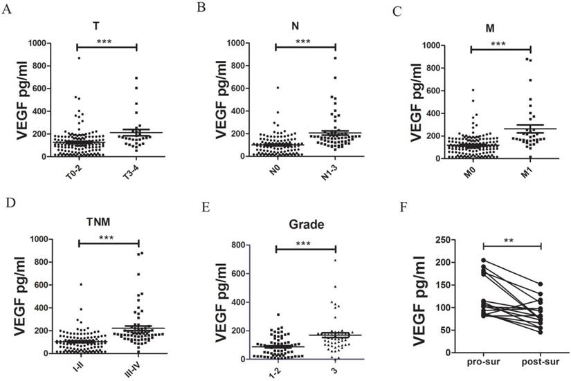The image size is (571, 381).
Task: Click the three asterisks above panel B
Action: coord(305,41)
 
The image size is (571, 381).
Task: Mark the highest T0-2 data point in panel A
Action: coord(78,57)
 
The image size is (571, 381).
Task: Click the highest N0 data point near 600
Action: coord(278,87)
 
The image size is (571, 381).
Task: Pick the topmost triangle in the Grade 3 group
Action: coord(335,260)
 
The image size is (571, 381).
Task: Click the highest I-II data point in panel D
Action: coord(81,284)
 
